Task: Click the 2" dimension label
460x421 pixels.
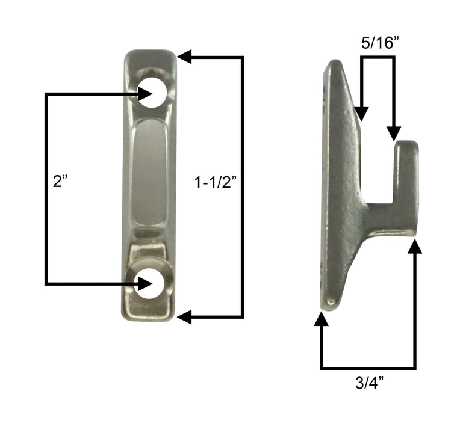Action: (60, 182)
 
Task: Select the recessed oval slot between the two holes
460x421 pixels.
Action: (150, 174)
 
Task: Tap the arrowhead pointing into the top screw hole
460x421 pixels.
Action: (143, 94)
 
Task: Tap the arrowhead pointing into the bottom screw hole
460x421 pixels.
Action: (143, 283)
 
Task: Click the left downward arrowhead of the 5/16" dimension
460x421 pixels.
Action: (361, 112)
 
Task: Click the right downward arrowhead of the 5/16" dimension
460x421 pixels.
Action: (394, 133)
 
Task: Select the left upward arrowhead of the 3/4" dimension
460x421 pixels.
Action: (322, 319)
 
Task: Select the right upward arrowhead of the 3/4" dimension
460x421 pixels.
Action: (415, 247)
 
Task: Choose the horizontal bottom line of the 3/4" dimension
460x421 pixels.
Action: (368, 367)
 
